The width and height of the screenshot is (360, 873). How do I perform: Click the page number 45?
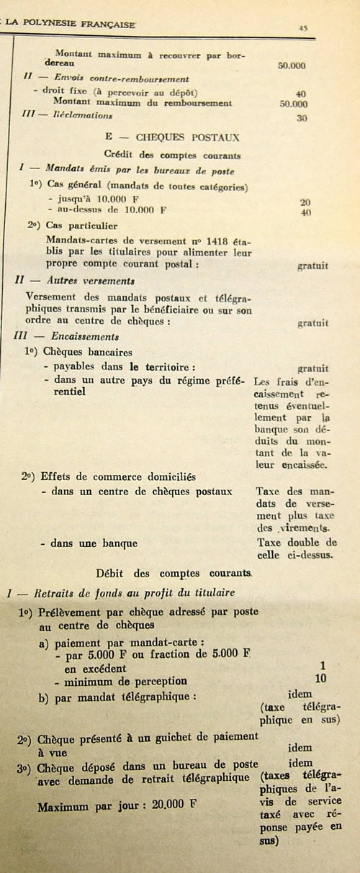pos(303,28)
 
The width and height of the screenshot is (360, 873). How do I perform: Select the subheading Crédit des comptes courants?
pos(172,155)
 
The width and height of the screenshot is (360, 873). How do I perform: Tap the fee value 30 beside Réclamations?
pos(302,119)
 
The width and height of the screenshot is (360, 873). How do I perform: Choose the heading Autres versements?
pos(80,281)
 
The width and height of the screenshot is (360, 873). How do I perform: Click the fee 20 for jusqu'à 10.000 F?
pos(305,202)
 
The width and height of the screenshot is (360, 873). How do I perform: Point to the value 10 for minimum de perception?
pos(321,678)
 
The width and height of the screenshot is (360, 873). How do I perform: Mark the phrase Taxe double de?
pos(296,542)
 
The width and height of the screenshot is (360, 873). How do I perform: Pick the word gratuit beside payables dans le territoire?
pos(312,367)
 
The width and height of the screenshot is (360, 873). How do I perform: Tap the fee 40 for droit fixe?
pos(300,94)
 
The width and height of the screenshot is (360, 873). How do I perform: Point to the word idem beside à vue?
pos(300,748)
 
